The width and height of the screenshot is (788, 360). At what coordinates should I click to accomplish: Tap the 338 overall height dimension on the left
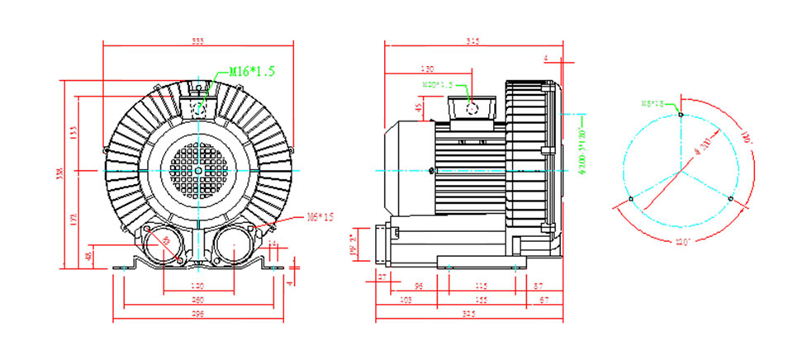[59, 174]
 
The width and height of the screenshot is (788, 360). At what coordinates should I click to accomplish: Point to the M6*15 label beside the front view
[320, 217]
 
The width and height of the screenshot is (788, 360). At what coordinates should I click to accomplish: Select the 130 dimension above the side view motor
[427, 69]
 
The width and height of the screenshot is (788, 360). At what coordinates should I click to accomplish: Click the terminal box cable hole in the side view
[472, 109]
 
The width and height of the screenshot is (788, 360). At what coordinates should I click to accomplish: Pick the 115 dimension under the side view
[481, 285]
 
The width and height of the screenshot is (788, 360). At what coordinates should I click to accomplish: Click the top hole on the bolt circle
[680, 114]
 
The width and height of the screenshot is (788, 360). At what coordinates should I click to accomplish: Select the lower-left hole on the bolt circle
[631, 199]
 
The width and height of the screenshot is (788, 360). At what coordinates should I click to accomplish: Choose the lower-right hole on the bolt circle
[729, 199]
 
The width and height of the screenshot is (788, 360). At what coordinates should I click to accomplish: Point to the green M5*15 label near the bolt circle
[654, 103]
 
